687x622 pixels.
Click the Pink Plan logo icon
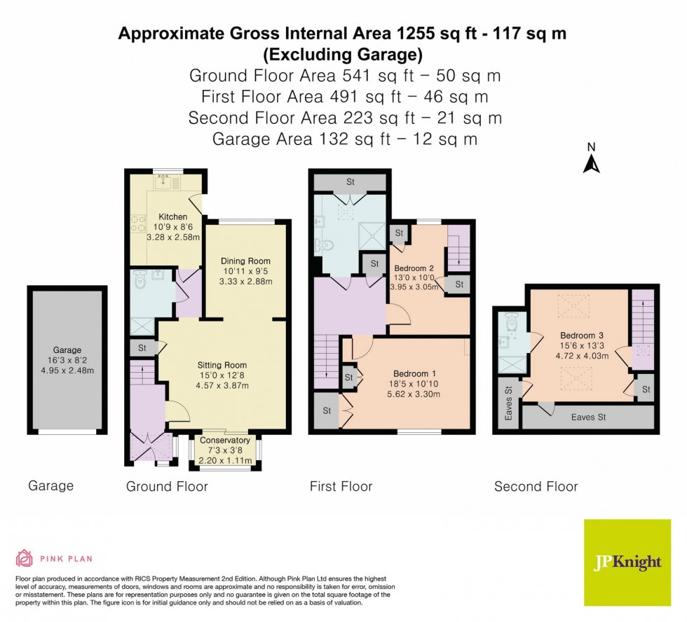(25, 558)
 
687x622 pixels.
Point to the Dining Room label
(245, 261)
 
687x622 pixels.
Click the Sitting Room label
(222, 365)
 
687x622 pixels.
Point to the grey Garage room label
(67, 350)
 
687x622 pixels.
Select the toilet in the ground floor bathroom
(140, 278)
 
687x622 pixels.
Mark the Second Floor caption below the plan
(536, 486)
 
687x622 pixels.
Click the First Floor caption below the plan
(341, 486)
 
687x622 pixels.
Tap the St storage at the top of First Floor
(349, 181)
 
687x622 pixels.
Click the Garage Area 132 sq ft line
(344, 139)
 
